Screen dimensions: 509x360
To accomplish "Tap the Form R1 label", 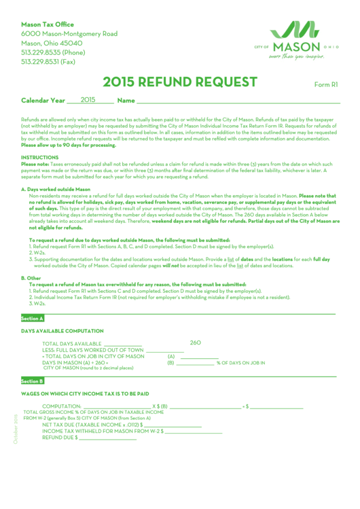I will tap(326, 85).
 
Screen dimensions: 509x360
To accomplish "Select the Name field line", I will tap(238, 102).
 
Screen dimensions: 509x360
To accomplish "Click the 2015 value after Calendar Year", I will tap(88, 99).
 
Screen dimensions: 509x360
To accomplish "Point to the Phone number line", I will tap(53, 52).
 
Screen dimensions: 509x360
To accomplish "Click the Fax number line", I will tap(48, 62).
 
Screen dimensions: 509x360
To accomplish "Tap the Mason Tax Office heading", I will tap(48, 24).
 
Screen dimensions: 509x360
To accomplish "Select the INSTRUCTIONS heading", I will tap(39, 157).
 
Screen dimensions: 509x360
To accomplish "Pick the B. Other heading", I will tap(31, 278).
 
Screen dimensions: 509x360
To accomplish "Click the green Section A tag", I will tap(32, 318).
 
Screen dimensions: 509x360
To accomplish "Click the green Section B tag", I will tap(32, 381).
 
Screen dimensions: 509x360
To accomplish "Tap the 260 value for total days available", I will tap(196, 343).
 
